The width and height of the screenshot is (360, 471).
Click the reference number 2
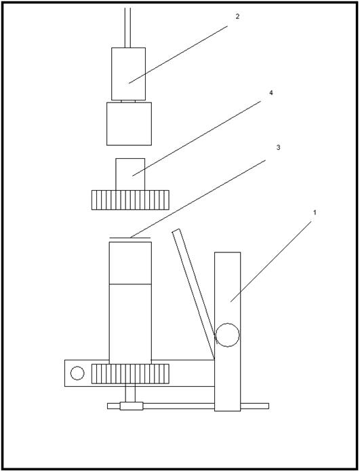tap(237, 17)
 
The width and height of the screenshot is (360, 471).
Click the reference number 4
tap(271, 93)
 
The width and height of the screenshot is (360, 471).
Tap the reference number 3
tap(278, 147)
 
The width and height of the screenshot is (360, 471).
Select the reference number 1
tap(315, 212)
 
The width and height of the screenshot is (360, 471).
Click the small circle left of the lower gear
tap(77, 373)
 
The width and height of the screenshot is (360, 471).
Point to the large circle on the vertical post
tap(227, 335)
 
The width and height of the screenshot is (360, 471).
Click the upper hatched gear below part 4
tap(130, 200)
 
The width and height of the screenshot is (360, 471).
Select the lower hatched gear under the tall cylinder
tap(130, 374)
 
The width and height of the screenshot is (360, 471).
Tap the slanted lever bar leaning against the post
tap(193, 294)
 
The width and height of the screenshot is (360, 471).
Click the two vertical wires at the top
tap(127, 28)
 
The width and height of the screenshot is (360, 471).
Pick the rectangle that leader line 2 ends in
tap(128, 74)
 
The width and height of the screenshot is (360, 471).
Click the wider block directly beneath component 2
tap(129, 124)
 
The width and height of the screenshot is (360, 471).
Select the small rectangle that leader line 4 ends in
tap(130, 174)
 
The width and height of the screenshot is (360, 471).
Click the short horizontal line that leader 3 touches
tap(130, 238)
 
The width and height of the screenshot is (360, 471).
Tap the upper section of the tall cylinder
tap(130, 263)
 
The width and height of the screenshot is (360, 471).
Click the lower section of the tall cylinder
tap(130, 324)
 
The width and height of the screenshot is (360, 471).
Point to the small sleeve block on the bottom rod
tap(132, 406)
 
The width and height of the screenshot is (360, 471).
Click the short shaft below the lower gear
tap(130, 392)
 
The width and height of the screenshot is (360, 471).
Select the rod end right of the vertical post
tap(254, 406)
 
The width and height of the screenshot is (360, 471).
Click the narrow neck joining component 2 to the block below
tap(128, 101)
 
